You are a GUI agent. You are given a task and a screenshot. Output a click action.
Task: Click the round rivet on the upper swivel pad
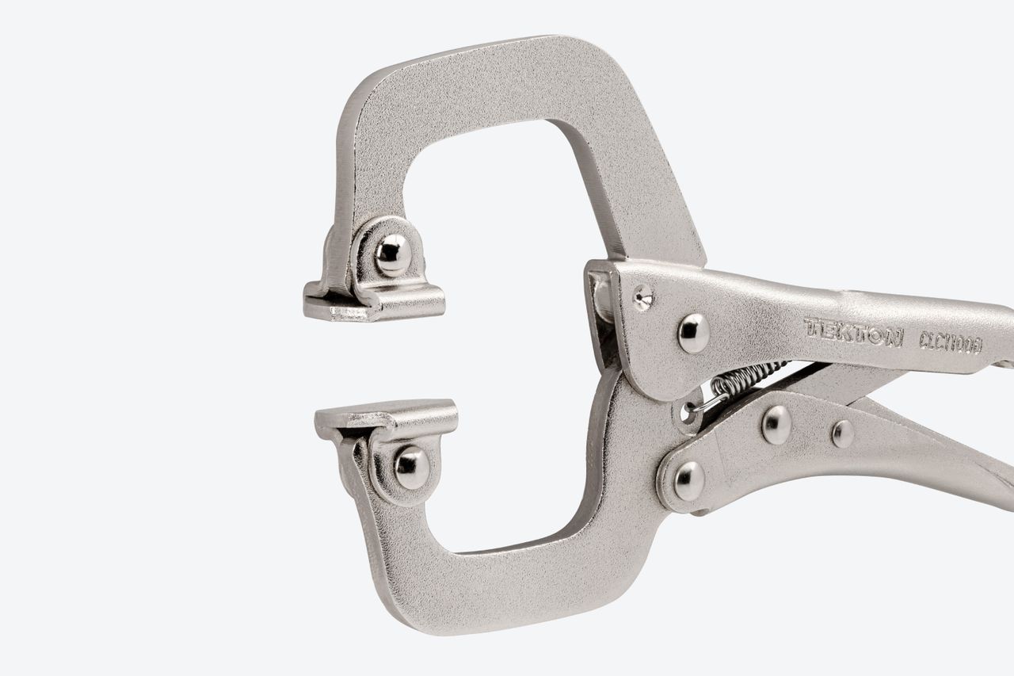(393, 254)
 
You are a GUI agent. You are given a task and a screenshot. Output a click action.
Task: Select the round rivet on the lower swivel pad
(411, 468)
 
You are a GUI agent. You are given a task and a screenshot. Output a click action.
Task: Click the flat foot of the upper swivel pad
(373, 304)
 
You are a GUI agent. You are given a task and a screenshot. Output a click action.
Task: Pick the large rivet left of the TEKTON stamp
(694, 333)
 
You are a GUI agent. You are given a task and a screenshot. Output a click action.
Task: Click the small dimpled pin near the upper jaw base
(642, 297)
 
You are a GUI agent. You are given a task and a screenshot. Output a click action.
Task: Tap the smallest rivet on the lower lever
(843, 433)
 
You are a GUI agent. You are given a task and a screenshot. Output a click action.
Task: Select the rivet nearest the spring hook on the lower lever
(776, 424)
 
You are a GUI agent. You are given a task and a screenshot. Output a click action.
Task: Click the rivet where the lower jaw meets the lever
(689, 480)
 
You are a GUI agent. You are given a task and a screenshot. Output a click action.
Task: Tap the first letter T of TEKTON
(813, 327)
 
